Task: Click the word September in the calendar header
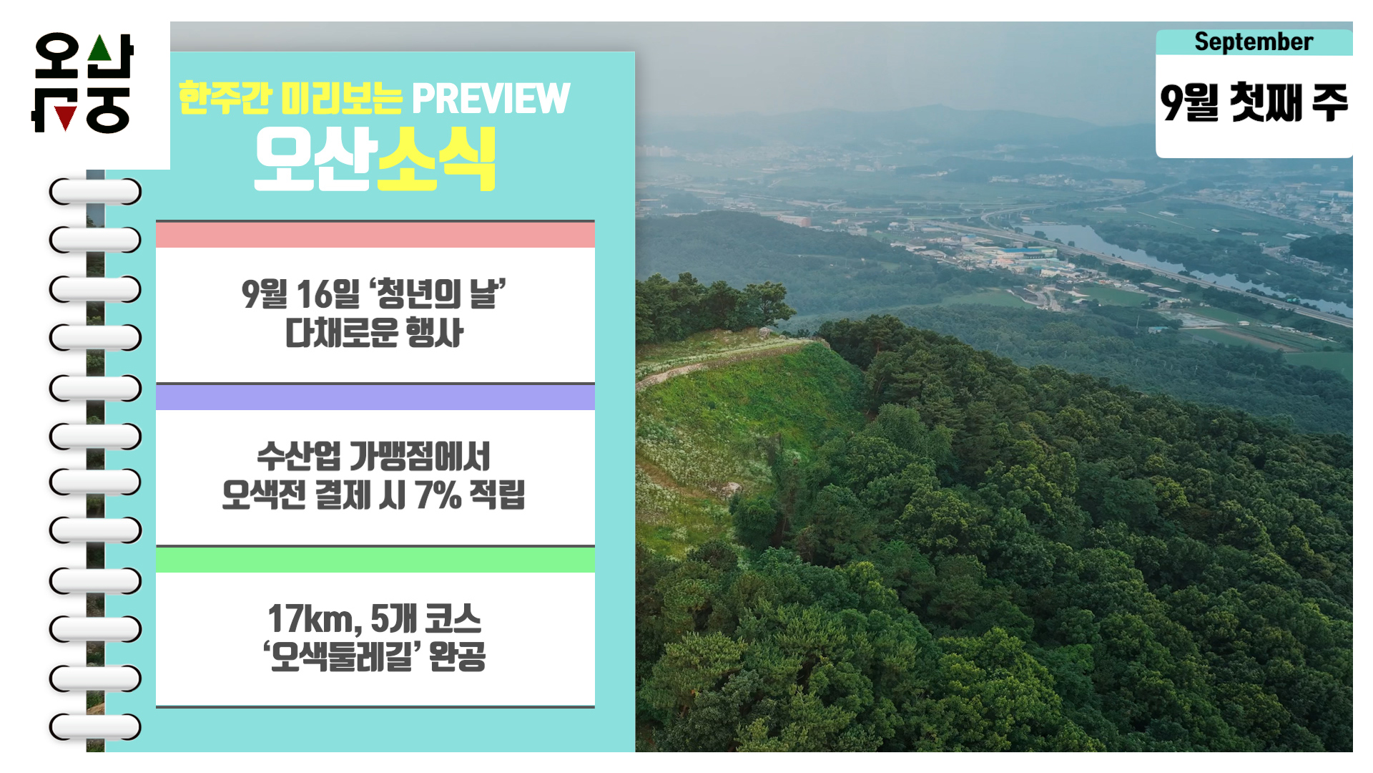pos(1254,42)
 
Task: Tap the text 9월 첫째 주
pos(1254,102)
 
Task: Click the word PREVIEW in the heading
pos(491,98)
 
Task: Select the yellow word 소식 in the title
pos(436,159)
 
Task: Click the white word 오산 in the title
pos(315,159)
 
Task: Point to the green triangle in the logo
pos(100,48)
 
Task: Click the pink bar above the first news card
pos(375,235)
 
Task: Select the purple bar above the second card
pos(375,397)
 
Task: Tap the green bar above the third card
pos(375,560)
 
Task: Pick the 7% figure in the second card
pos(438,495)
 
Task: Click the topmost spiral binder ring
pos(95,192)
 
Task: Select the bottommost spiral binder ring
pos(95,727)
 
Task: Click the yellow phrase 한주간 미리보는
pos(290,98)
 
